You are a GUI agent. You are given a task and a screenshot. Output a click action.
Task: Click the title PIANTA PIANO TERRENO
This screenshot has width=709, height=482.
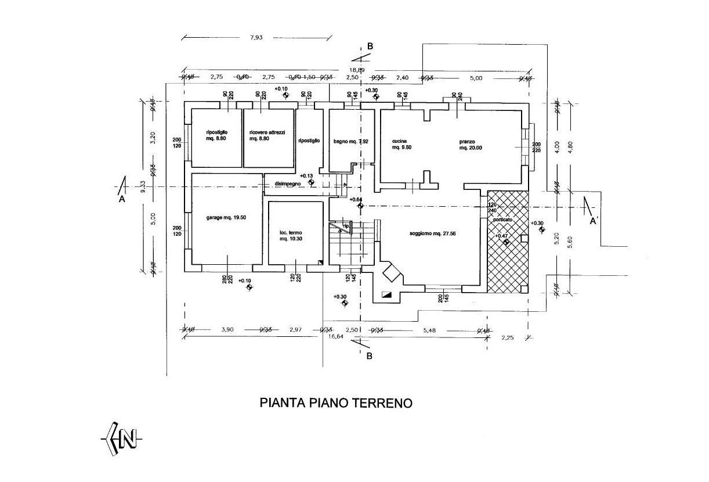point(336,403)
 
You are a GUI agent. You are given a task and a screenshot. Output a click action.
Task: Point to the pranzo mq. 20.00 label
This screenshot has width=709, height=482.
point(471,144)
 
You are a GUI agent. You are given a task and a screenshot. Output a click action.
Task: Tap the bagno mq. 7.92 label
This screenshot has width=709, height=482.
point(351,141)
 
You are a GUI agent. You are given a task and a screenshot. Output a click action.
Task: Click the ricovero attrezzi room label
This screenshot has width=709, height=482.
point(267,136)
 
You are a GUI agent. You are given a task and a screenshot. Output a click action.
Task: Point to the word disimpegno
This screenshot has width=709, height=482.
point(288,184)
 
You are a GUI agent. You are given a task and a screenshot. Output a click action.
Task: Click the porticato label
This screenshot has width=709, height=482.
point(502,221)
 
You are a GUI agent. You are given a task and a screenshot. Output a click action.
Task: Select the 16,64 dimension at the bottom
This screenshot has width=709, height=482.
point(337,336)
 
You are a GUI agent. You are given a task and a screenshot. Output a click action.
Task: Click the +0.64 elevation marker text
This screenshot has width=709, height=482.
point(356,200)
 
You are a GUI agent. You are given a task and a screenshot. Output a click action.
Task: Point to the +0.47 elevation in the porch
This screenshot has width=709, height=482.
point(502,236)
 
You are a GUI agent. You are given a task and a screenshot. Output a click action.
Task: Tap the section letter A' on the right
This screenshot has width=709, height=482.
point(594,221)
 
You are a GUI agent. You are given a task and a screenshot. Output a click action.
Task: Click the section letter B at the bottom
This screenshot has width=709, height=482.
point(370,357)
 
